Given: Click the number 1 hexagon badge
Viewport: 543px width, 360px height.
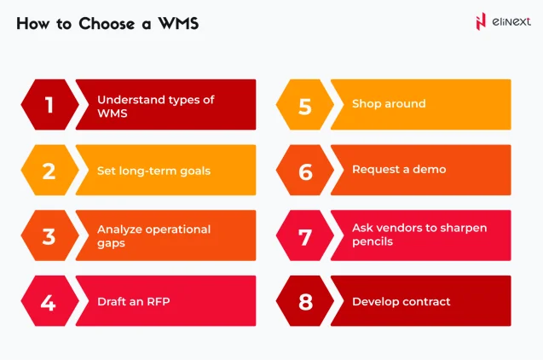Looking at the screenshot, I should tap(49, 105).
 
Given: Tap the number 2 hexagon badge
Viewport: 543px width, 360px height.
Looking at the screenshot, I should tap(49, 171).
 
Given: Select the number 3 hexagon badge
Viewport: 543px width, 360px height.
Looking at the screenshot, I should tap(49, 235).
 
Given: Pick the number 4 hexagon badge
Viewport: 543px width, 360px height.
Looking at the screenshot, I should tap(49, 301).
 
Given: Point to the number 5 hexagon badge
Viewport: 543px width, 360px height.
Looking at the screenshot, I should tap(304, 105).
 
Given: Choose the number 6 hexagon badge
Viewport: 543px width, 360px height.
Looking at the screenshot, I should tap(304, 171).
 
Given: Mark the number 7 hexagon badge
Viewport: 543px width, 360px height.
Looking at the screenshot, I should tap(304, 235).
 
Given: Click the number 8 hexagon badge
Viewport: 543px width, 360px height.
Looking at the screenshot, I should tap(304, 301).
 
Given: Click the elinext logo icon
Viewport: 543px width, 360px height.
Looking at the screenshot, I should tap(481, 22).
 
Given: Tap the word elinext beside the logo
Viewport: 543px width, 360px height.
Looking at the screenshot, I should tap(510, 22).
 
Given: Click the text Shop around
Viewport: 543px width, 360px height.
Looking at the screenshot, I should tap(388, 104).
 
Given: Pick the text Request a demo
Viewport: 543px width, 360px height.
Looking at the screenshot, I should tap(398, 170).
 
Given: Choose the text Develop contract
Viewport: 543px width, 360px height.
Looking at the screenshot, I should tap(401, 301).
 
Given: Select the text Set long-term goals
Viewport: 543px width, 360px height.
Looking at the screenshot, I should tap(153, 171).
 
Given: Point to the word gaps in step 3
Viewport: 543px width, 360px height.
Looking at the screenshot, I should tap(112, 242).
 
